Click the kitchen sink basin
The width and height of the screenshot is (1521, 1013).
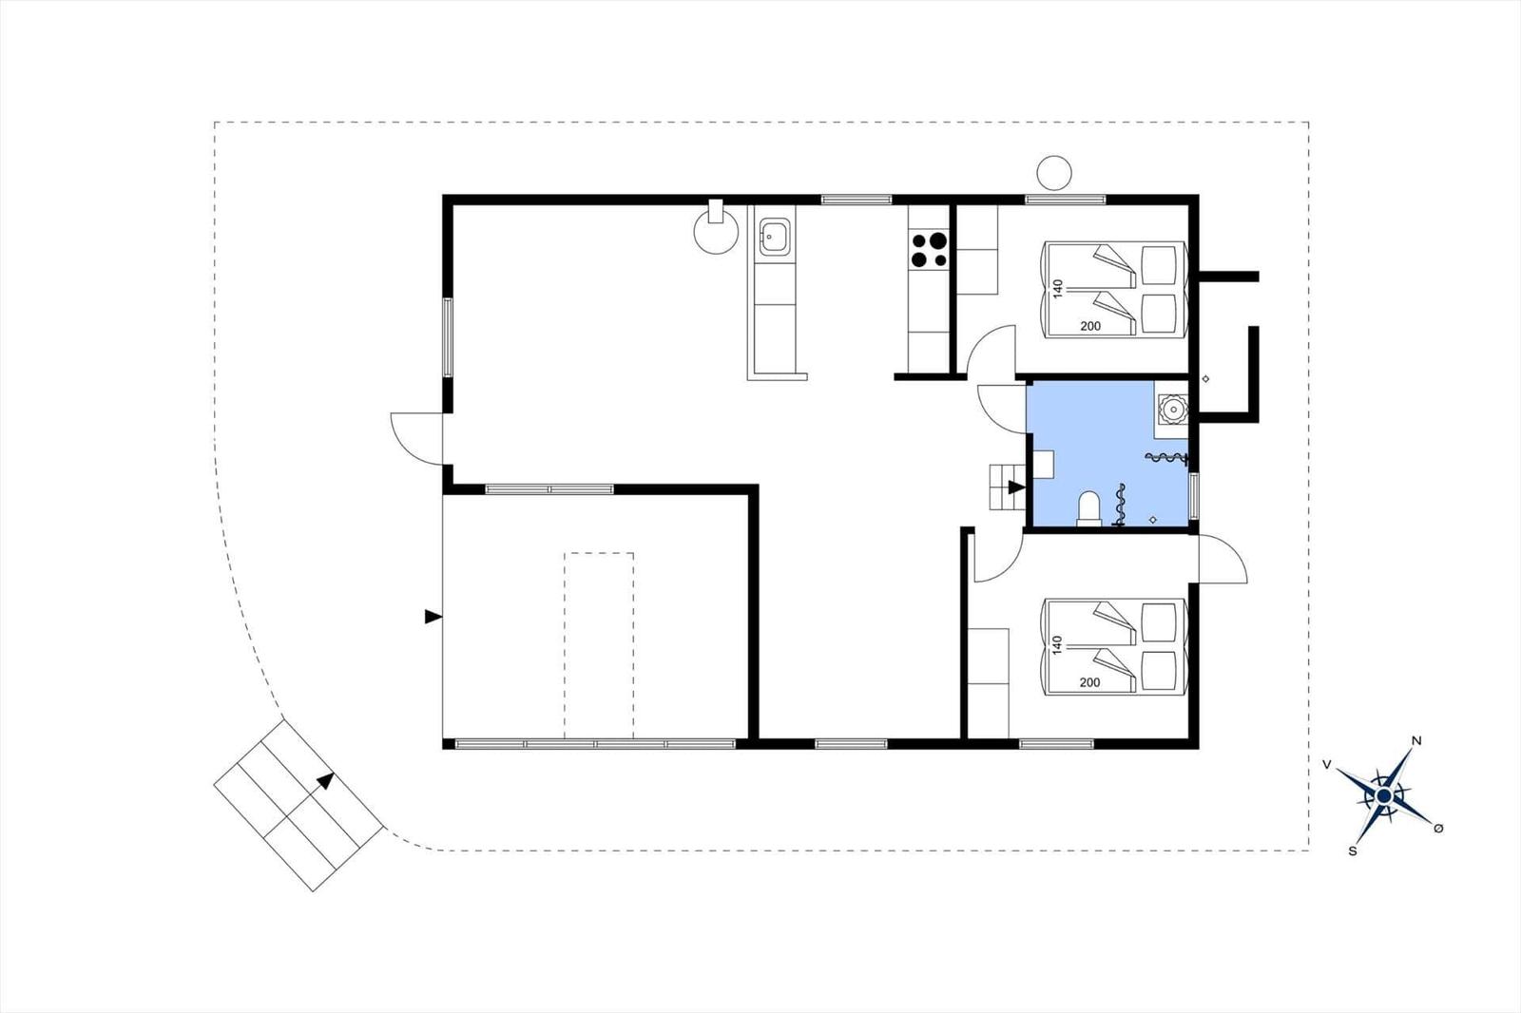[775, 237]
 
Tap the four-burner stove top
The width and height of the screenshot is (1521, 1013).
[929, 249]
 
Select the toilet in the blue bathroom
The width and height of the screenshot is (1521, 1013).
[1088, 509]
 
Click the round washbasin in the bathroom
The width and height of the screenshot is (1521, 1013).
[1172, 409]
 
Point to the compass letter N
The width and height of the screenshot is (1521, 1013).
[1415, 740]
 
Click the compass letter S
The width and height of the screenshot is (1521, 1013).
[1353, 851]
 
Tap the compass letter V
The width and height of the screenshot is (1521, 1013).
[1326, 765]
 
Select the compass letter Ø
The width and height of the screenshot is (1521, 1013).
[1438, 829]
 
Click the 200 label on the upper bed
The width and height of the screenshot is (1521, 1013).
[1090, 326]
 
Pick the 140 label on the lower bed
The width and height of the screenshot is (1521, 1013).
[1056, 645]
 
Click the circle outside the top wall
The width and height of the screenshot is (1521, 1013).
[1054, 172]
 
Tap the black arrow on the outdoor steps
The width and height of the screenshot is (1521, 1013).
[326, 781]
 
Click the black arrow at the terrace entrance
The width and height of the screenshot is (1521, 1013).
[433, 617]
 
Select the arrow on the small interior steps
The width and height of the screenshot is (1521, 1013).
[1016, 487]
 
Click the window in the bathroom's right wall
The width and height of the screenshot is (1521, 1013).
[1194, 496]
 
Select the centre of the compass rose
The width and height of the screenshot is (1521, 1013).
[1384, 795]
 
